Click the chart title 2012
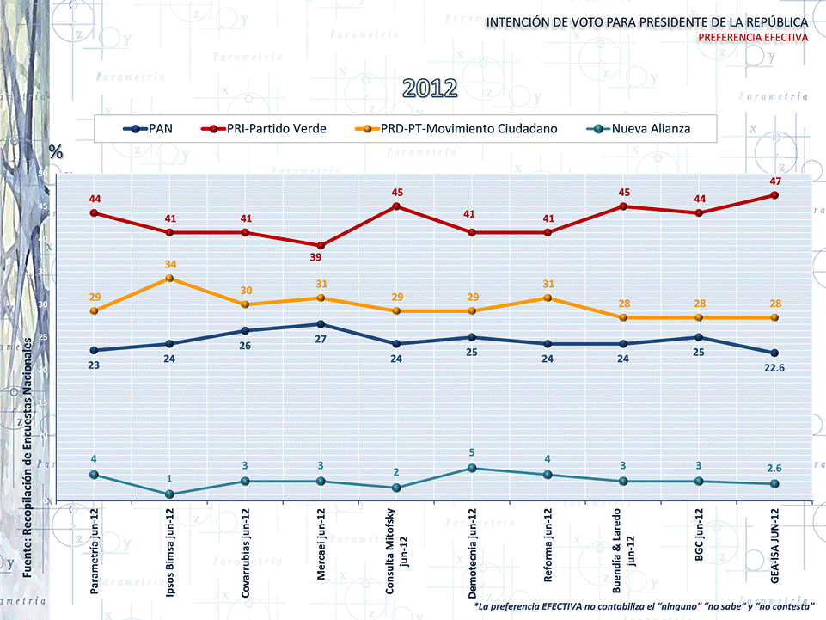point(430,89)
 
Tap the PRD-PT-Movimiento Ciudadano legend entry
point(456,129)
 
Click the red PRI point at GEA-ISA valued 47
point(774,195)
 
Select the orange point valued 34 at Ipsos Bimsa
point(169,279)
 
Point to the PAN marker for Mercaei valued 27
point(321,324)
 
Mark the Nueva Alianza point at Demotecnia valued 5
point(472,468)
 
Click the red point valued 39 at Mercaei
point(321,245)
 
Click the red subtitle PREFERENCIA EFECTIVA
point(752,38)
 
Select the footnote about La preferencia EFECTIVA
point(644,607)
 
